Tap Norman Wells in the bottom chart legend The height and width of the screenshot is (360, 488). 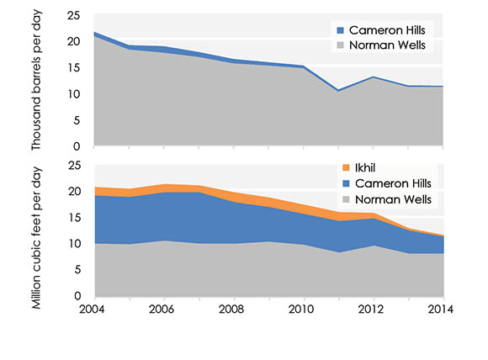point(388,199)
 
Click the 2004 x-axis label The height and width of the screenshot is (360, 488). point(93,309)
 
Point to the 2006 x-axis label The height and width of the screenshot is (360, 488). point(163,309)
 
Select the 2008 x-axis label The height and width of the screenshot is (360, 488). point(233,309)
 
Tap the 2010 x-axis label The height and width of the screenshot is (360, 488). point(303,309)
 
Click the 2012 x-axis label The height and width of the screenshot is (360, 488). point(373,309)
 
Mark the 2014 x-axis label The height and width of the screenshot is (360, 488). point(441,309)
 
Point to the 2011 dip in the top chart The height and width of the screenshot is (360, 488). point(337,90)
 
